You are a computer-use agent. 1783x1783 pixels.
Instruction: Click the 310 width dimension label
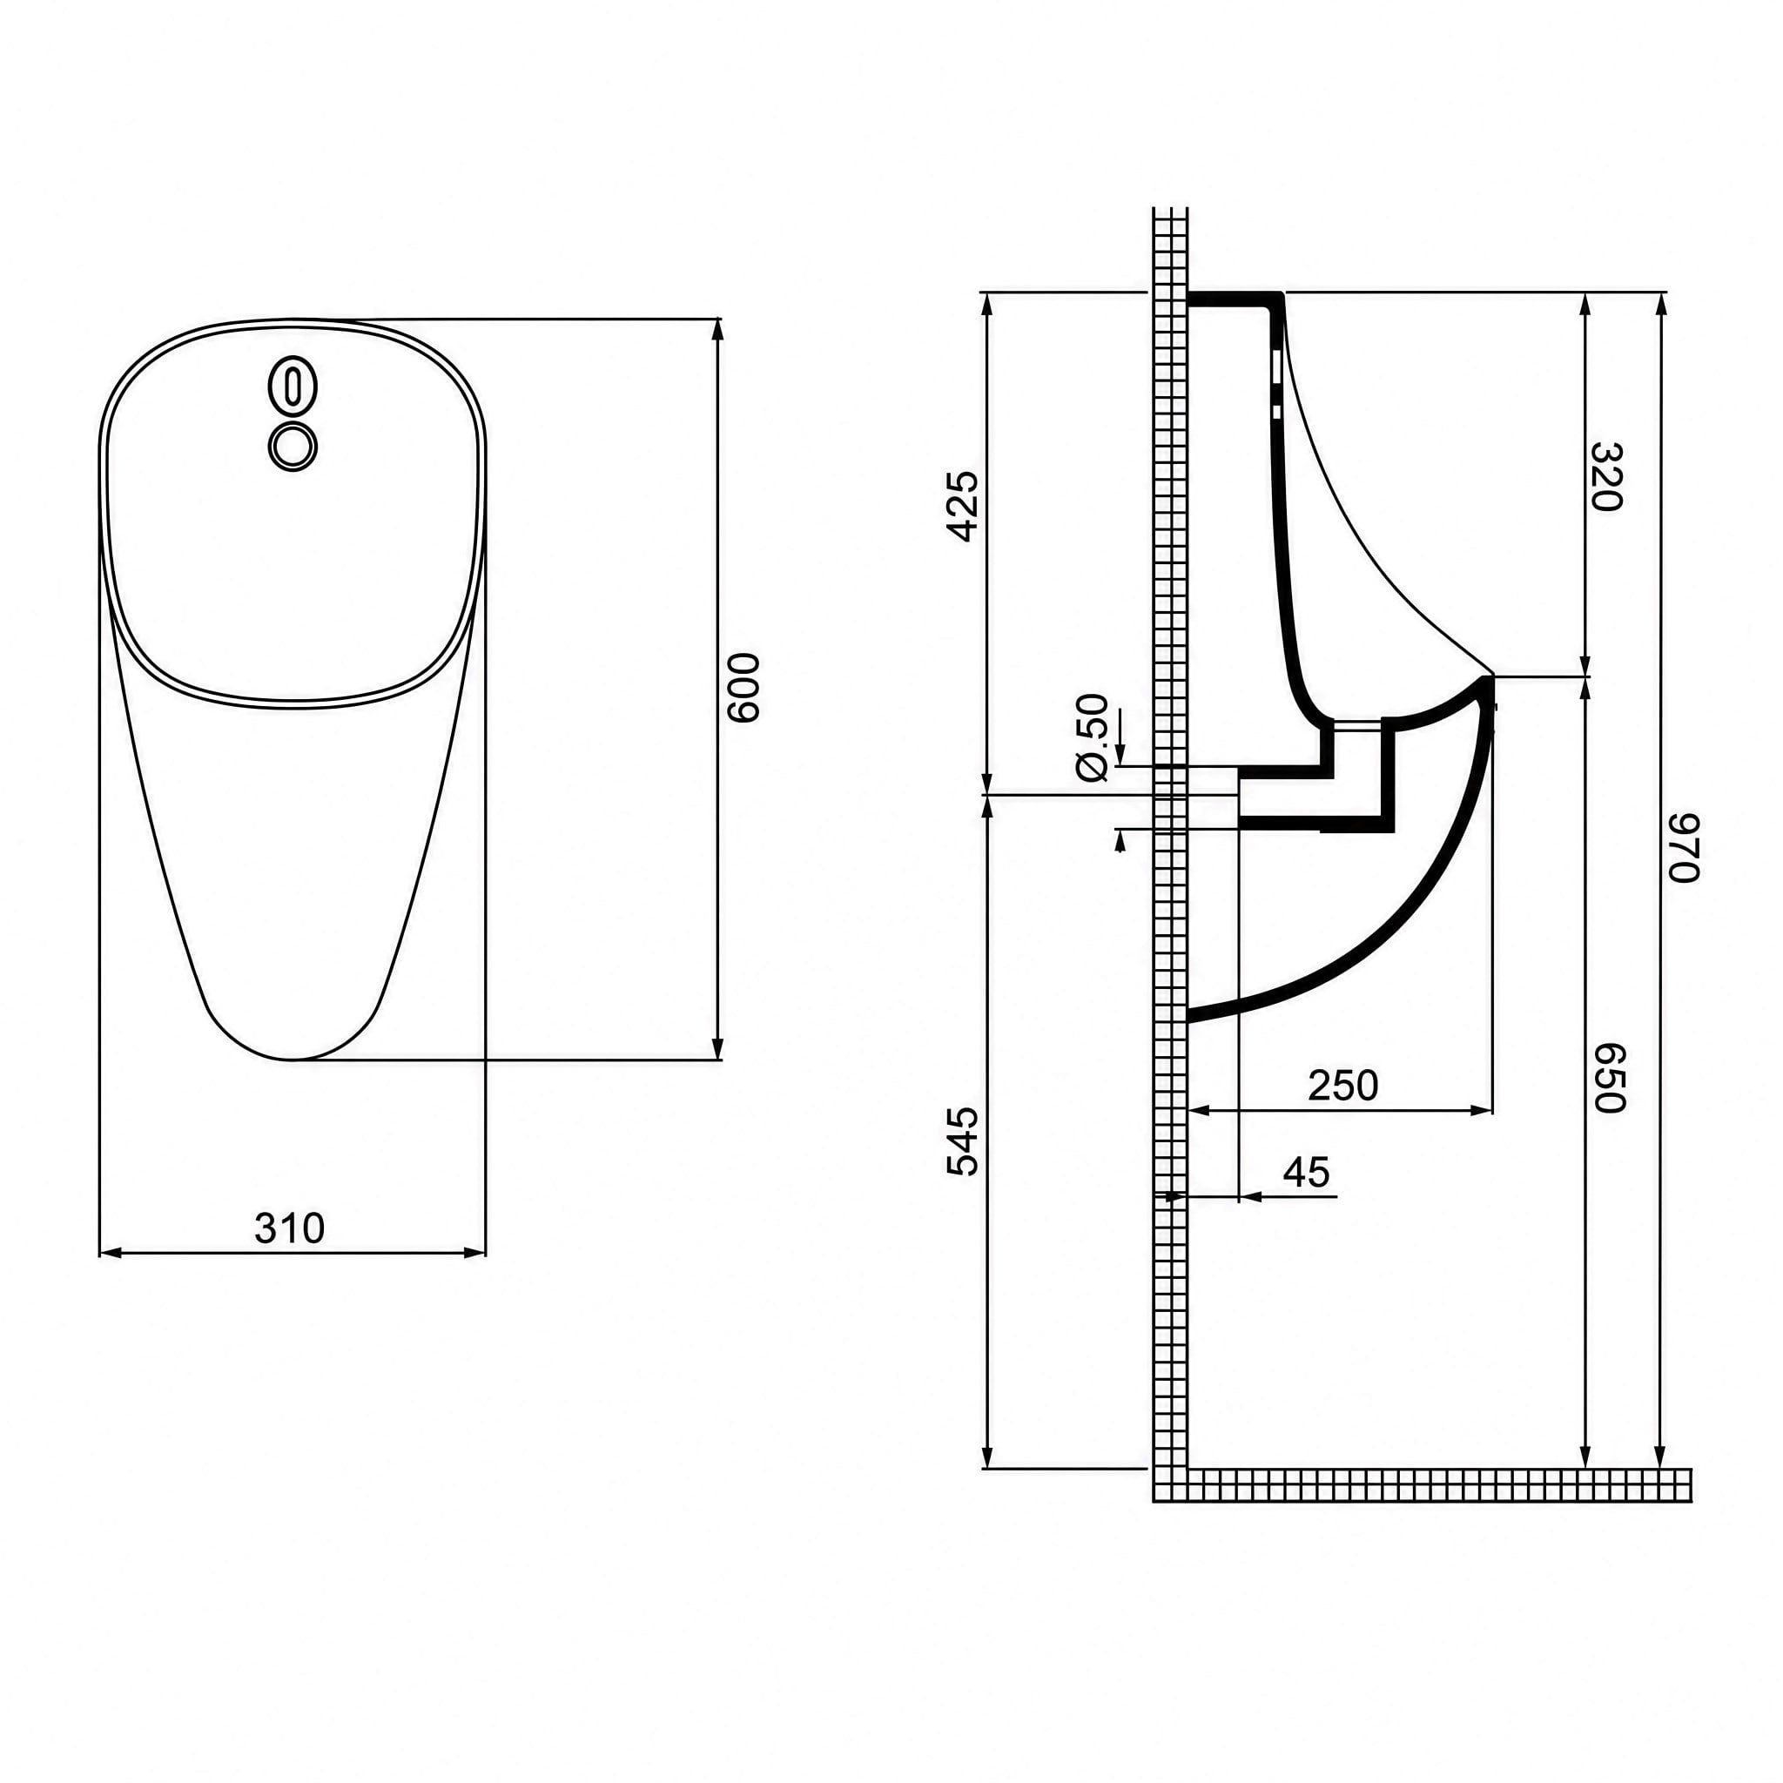(289, 1228)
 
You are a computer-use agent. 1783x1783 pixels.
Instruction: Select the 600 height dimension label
(743, 688)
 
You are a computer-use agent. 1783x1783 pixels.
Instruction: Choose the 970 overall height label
(1684, 847)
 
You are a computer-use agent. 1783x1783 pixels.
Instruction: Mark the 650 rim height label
(1609, 1078)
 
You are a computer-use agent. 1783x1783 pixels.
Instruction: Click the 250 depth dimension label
(1342, 1086)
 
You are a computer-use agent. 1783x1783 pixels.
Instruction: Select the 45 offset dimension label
(1307, 1172)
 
